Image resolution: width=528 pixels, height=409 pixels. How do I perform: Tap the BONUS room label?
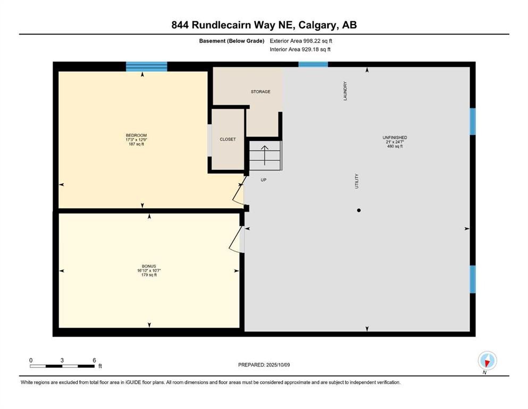click(148, 266)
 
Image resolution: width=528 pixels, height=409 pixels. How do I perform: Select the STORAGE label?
click(261, 92)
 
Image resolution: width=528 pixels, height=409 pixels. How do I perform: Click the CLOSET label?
click(228, 140)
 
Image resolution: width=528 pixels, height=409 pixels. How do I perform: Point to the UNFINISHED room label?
click(395, 138)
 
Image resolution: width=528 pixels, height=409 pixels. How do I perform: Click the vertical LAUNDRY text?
click(345, 91)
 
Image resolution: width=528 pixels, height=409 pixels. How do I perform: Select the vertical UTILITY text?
click(357, 181)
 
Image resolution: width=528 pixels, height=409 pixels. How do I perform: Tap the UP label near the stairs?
click(263, 180)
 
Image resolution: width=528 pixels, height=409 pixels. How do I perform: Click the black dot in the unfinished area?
click(359, 210)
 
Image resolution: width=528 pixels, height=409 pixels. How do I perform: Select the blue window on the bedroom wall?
click(146, 67)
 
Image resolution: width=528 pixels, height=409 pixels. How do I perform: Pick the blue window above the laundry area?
click(313, 64)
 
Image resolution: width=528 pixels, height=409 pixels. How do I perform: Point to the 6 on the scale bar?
click(94, 360)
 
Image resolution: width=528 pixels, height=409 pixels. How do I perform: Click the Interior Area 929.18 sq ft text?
click(300, 50)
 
